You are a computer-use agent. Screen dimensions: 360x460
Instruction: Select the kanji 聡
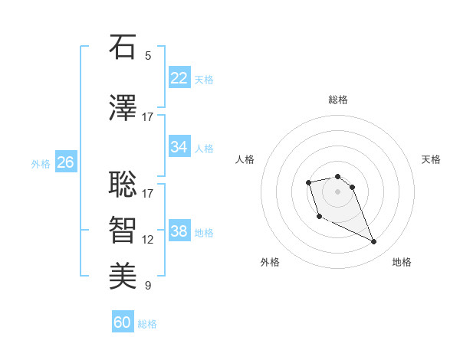tap(123, 185)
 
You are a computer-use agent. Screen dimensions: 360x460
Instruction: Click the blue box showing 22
tap(179, 77)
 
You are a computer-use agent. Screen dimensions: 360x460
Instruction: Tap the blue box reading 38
tap(179, 231)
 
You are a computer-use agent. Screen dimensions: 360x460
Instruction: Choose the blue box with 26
tap(65, 162)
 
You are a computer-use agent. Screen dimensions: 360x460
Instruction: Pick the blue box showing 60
tap(123, 322)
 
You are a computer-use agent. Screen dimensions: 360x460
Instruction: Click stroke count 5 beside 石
tap(148, 56)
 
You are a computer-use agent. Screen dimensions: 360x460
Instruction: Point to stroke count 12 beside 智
tap(148, 240)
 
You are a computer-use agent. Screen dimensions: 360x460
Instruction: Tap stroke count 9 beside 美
tap(148, 286)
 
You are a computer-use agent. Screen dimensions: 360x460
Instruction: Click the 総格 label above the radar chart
tap(338, 100)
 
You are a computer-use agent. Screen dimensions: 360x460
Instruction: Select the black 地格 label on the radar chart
tap(402, 262)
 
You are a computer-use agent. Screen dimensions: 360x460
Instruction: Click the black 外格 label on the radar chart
tap(270, 262)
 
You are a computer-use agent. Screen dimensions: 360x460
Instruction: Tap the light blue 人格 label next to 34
tap(204, 148)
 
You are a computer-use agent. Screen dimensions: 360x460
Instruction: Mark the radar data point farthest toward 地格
tap(374, 242)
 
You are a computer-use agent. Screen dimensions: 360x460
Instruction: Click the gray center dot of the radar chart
tap(338, 191)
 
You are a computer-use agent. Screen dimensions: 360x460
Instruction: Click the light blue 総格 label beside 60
tap(147, 324)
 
